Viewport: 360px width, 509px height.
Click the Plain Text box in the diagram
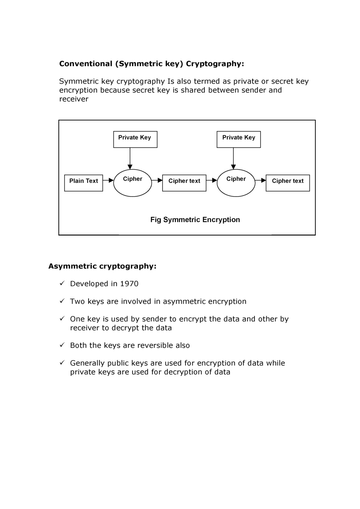pyautogui.click(x=83, y=183)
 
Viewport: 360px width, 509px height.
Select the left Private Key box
pyautogui.click(x=135, y=139)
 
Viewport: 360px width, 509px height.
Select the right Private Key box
pyautogui.click(x=238, y=139)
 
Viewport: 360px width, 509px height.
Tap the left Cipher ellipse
pyautogui.click(x=132, y=183)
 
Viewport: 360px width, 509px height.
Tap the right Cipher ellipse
pyautogui.click(x=236, y=183)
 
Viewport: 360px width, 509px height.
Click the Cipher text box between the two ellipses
pyautogui.click(x=184, y=183)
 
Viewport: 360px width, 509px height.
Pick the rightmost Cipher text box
pyautogui.click(x=287, y=183)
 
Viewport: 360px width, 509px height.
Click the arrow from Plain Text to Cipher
pyautogui.click(x=108, y=180)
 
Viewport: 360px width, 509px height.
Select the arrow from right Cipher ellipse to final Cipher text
pyautogui.click(x=261, y=180)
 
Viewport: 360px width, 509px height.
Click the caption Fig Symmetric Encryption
pyautogui.click(x=195, y=219)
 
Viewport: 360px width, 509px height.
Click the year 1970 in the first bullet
pyautogui.click(x=129, y=284)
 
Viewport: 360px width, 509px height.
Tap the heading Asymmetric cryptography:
pyautogui.click(x=102, y=266)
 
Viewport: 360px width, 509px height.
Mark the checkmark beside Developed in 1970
pyautogui.click(x=62, y=283)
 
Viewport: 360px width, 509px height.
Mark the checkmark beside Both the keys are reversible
pyautogui.click(x=62, y=345)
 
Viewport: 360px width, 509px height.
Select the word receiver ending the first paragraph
pyautogui.click(x=74, y=99)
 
